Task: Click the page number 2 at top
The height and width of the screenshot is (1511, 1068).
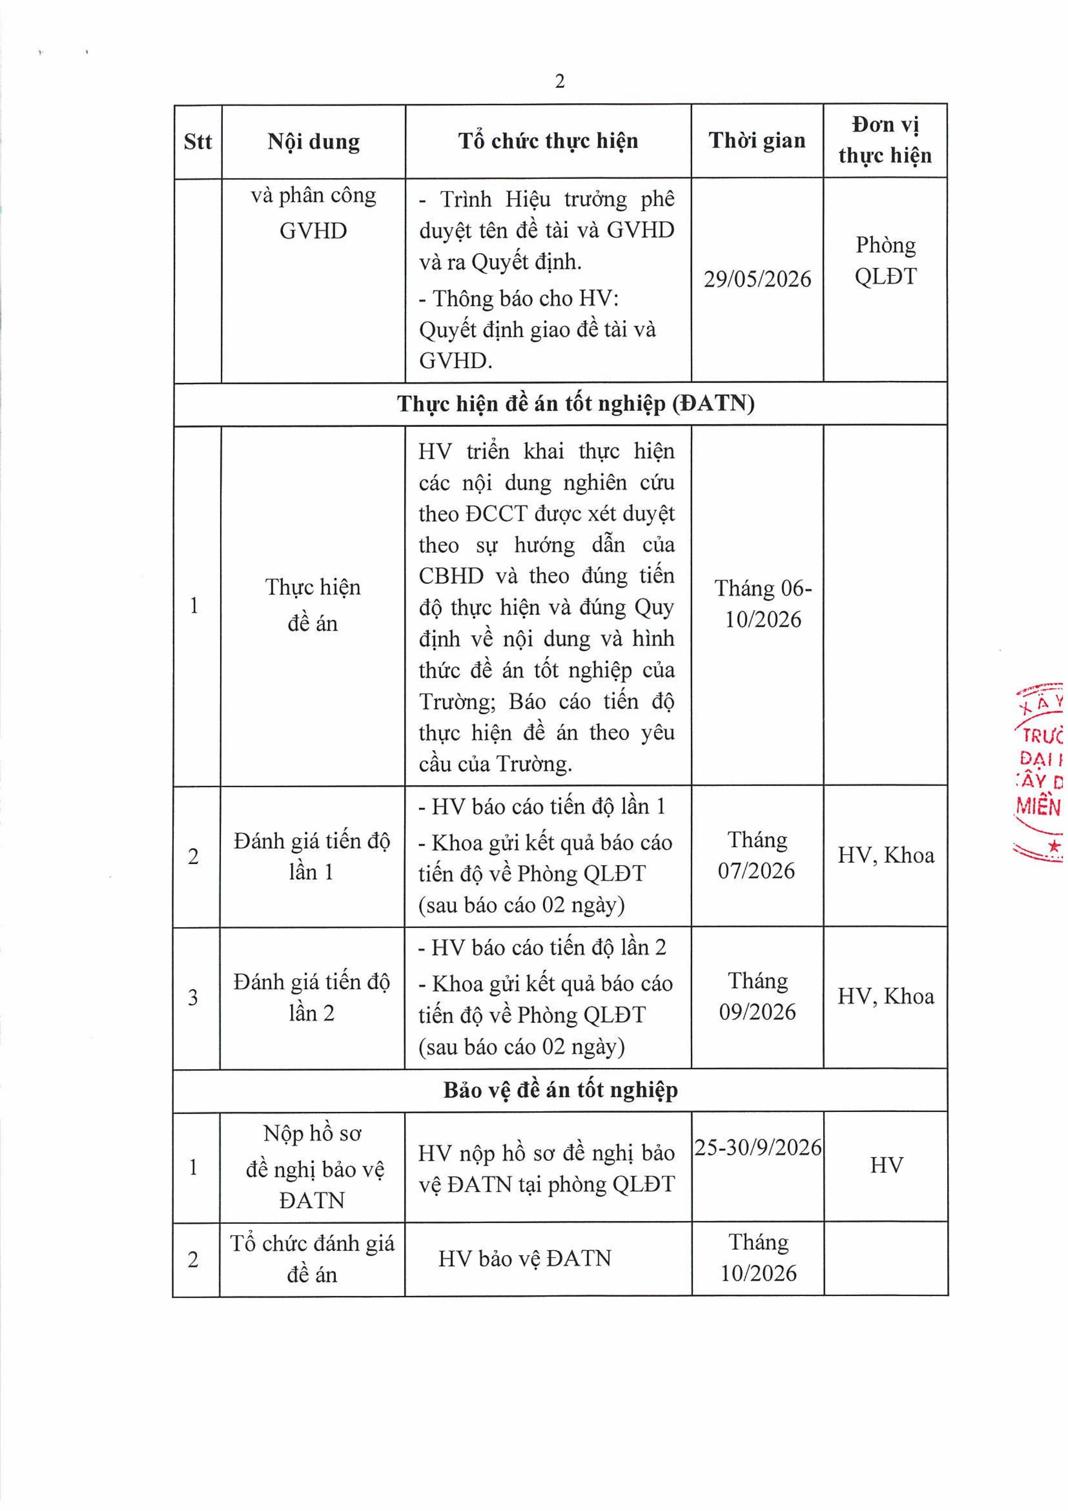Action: pyautogui.click(x=559, y=82)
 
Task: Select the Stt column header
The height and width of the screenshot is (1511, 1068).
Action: pyautogui.click(x=198, y=142)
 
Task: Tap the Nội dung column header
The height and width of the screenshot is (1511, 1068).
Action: pyautogui.click(x=313, y=142)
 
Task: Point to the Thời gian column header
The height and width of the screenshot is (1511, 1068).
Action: pyautogui.click(x=757, y=140)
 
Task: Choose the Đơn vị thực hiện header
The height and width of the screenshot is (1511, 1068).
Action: pyautogui.click(x=885, y=140)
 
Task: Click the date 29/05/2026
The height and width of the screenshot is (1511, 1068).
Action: pyautogui.click(x=757, y=279)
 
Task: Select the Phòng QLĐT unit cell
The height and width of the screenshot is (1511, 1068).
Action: pyautogui.click(x=885, y=261)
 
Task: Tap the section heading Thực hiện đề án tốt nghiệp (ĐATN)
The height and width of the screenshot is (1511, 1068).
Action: pyautogui.click(x=575, y=403)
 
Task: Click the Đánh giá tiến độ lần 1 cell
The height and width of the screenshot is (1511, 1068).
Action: pyautogui.click(x=312, y=856)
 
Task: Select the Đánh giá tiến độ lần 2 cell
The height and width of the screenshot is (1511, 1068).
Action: pyautogui.click(x=312, y=997)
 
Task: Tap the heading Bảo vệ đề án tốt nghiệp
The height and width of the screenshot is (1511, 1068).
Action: pyautogui.click(x=560, y=1090)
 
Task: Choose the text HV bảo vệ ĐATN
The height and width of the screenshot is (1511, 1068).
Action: pyautogui.click(x=525, y=1258)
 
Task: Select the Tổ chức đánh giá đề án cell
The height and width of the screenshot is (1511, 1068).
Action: pyautogui.click(x=312, y=1258)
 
